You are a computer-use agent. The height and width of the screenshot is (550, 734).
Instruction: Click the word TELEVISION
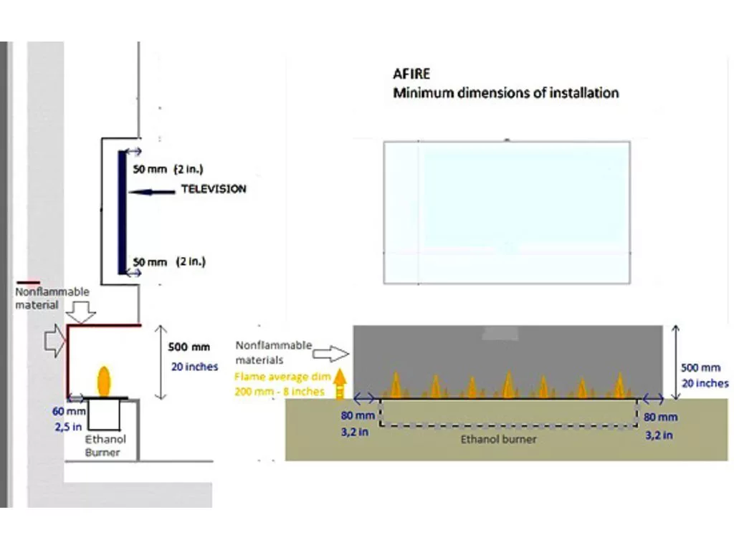point(214,189)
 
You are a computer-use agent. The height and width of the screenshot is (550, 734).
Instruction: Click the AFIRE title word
point(411,74)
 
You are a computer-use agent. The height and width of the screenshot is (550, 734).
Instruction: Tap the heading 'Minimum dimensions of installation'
point(505,92)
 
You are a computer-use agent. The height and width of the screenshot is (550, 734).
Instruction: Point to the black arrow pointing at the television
point(154,191)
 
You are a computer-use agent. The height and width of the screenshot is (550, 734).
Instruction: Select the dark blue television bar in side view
point(123,214)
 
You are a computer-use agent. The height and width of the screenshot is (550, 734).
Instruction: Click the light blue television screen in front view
point(506,212)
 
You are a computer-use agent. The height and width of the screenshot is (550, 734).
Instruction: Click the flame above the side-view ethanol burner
point(105,381)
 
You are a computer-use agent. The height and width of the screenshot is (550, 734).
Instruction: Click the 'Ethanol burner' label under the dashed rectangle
point(498,439)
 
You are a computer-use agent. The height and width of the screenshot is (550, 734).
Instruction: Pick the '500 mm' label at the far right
point(700,368)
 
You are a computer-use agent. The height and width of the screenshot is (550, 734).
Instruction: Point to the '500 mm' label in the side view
point(189,347)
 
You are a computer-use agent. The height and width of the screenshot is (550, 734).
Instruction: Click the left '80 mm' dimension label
point(356,416)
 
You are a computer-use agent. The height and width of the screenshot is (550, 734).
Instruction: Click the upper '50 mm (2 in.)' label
point(168,170)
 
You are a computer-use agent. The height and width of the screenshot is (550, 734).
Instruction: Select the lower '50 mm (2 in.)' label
point(168,262)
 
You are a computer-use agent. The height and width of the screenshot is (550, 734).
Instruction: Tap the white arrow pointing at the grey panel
point(330,352)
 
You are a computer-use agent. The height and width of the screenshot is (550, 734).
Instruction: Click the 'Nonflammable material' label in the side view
point(52,298)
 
